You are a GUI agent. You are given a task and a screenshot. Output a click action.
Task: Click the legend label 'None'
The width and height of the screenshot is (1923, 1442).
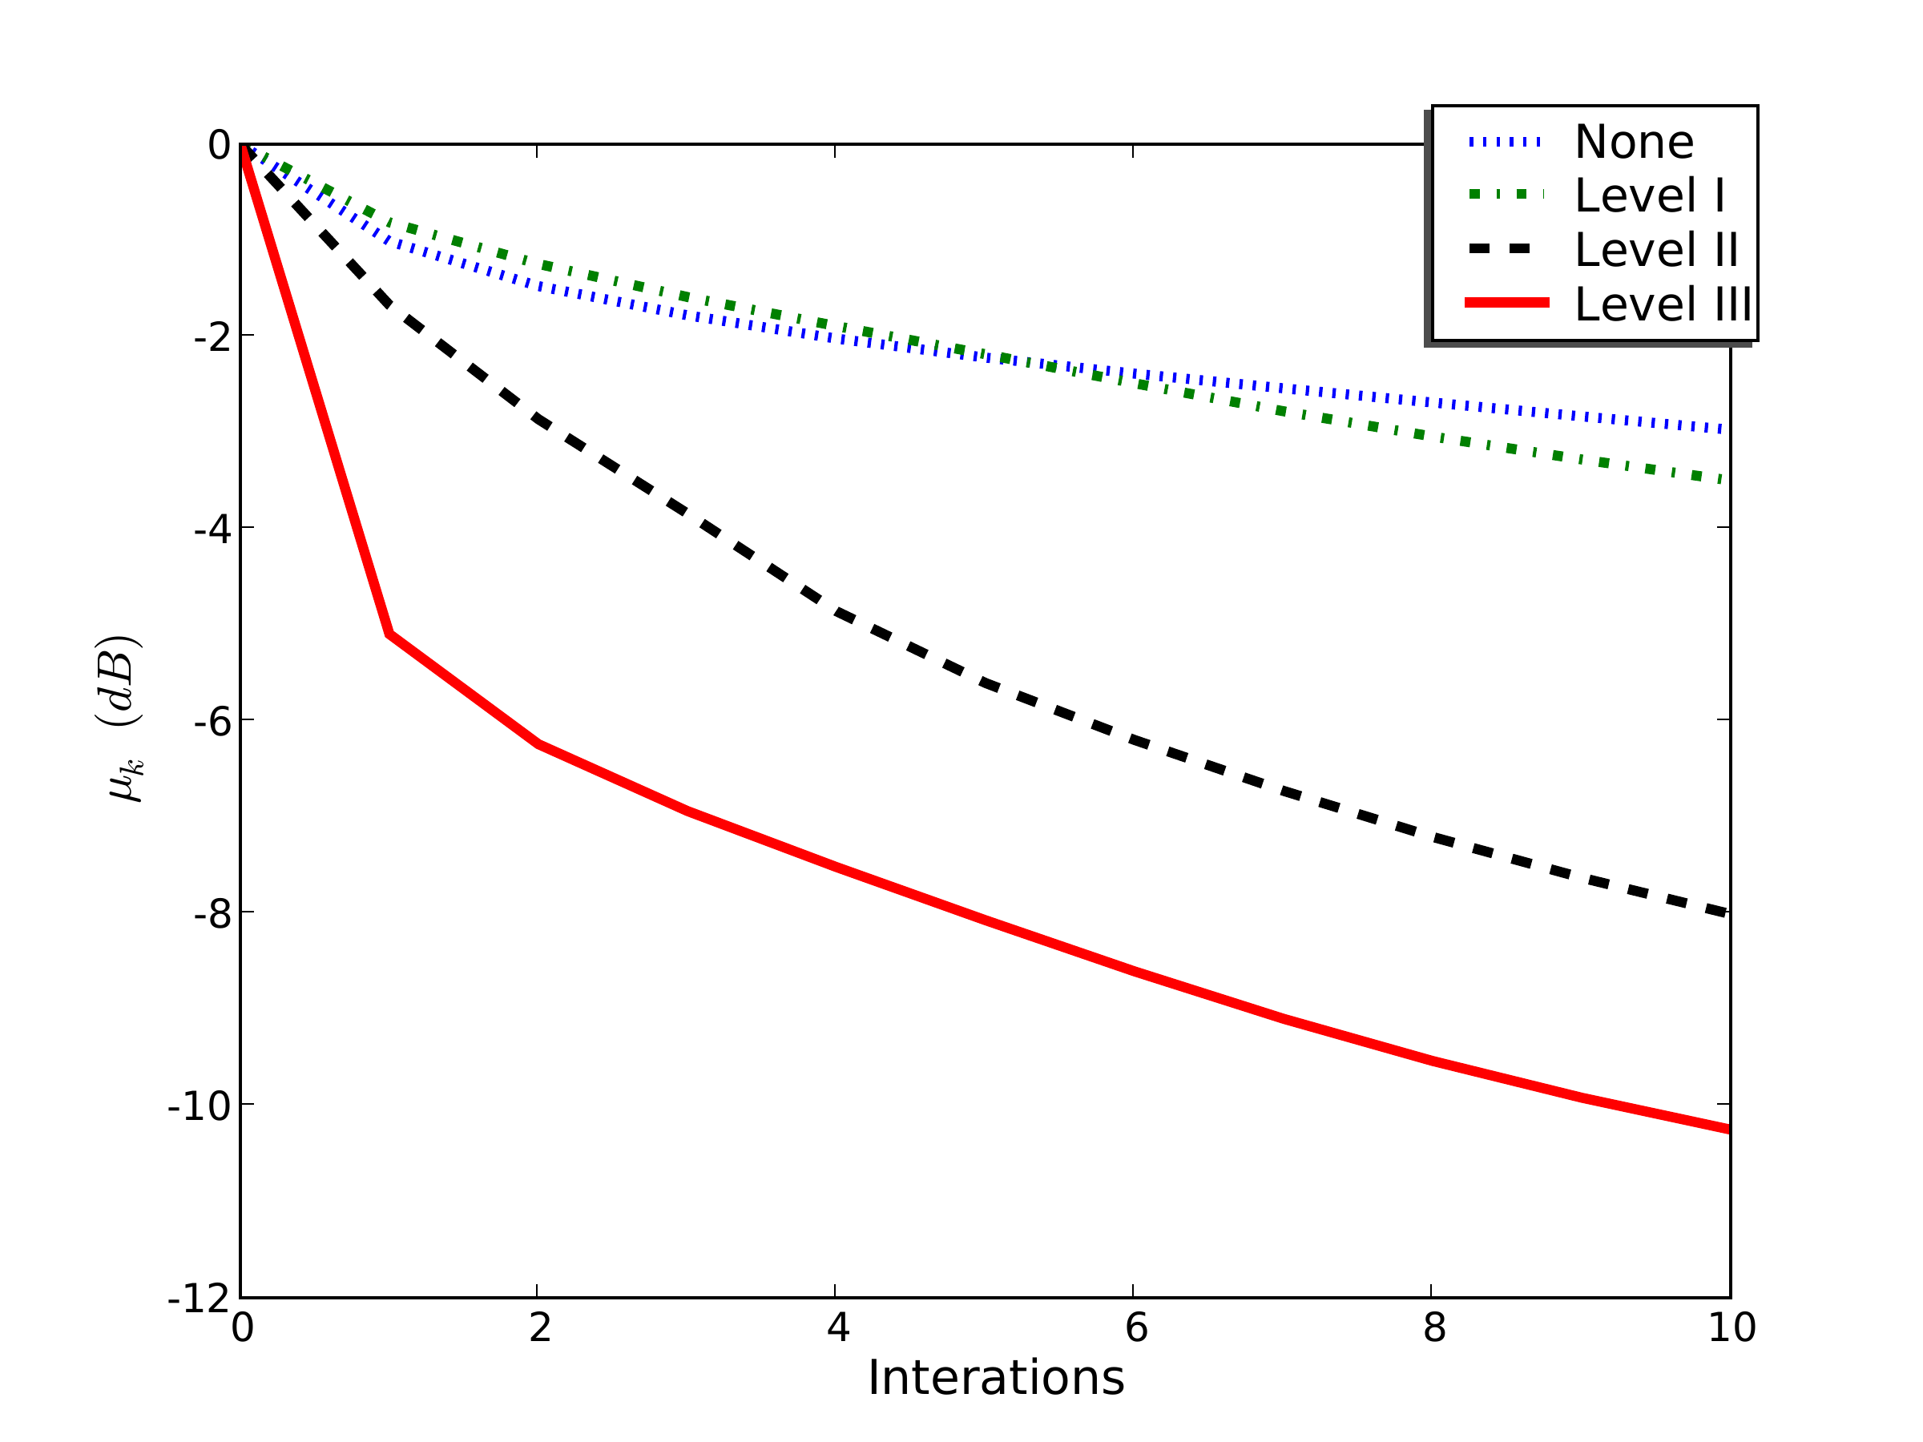(x=1634, y=142)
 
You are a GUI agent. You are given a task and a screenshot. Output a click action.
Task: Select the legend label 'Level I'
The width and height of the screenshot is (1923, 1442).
(x=1649, y=195)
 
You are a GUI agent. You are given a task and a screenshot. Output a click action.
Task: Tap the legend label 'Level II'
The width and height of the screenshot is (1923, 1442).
(x=1656, y=250)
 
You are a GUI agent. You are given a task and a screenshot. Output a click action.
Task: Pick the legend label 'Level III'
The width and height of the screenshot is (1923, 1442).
(x=1663, y=304)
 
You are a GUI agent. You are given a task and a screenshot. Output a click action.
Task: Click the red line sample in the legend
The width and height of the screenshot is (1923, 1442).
(x=1506, y=303)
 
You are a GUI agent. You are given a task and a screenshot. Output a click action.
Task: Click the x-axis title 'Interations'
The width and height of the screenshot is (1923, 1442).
(x=995, y=1378)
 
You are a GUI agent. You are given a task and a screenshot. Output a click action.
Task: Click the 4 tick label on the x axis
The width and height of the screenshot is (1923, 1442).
(x=837, y=1327)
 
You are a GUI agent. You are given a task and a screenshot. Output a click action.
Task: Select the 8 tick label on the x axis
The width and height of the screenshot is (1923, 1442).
(x=1433, y=1327)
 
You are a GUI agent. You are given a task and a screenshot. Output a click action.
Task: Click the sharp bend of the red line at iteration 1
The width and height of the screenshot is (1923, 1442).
(x=389, y=634)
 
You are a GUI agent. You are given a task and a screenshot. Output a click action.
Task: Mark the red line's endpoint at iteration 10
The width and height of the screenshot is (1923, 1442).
(x=1728, y=1129)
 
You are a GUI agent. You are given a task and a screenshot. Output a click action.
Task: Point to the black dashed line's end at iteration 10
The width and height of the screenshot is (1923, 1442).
(x=1728, y=912)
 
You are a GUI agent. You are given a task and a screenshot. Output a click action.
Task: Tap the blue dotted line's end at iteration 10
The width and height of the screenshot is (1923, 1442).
(x=1728, y=429)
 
